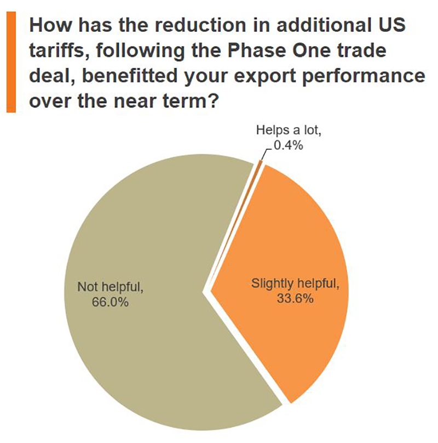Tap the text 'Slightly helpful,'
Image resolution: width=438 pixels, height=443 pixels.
click(x=295, y=284)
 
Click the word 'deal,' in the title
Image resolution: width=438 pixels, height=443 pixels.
click(x=50, y=76)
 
